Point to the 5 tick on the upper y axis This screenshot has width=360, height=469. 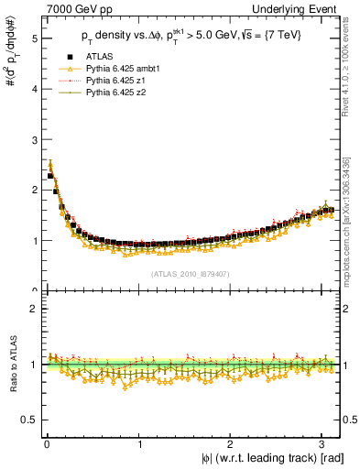31,39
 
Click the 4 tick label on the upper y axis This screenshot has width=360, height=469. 31,90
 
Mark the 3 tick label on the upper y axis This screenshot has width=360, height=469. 31,140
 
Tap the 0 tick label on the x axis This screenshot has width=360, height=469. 47,444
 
